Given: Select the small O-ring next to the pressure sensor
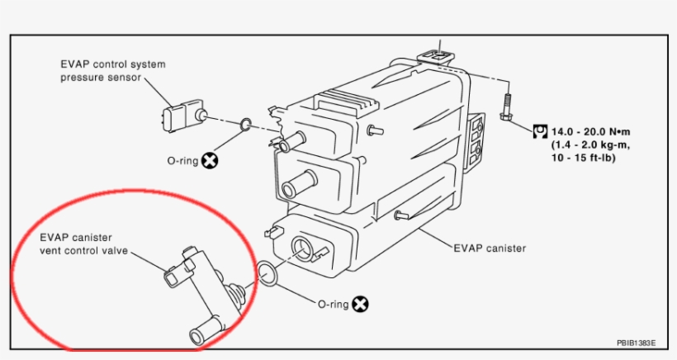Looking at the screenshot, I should (245, 126).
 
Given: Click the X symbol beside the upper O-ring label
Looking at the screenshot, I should (211, 160).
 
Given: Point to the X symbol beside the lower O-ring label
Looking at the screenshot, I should (360, 304).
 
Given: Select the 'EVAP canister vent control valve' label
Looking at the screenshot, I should (84, 244).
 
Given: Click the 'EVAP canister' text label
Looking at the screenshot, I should (489, 247).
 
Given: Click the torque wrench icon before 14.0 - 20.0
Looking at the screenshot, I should (541, 130).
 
